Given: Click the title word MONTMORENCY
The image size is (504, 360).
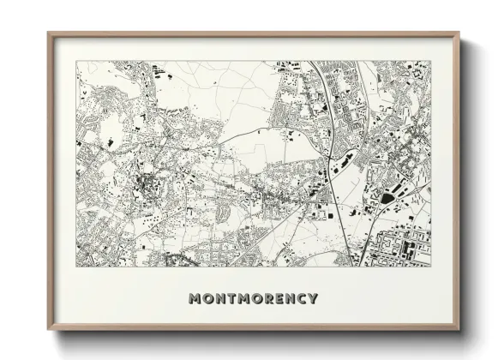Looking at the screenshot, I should pos(252,299).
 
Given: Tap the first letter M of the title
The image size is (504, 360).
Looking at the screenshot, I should pos(194,299).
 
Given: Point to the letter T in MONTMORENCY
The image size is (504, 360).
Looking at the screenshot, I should pos(229,299).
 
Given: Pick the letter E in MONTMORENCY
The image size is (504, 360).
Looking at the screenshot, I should pos(277,299).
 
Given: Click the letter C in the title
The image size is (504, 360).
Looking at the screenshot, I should pos(300,299).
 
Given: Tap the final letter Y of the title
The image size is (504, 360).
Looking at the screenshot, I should pos(312,299).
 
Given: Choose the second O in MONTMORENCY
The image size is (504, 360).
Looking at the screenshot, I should pos(254,299).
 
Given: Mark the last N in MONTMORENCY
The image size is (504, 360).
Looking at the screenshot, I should pos(288,299).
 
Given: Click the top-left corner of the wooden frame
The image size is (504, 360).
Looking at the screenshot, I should pos(49,33).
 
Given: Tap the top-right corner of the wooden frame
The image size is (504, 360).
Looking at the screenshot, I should pos(459,33).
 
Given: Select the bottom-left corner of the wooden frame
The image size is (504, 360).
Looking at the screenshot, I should pos(49,330).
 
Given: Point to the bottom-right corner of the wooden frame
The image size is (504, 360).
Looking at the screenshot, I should pos(459,330).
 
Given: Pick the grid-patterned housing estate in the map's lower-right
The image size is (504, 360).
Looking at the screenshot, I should pos(403,244).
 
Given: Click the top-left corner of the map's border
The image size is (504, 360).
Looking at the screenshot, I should pos(76,61).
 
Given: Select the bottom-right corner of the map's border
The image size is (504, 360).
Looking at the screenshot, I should pos(430,267).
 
